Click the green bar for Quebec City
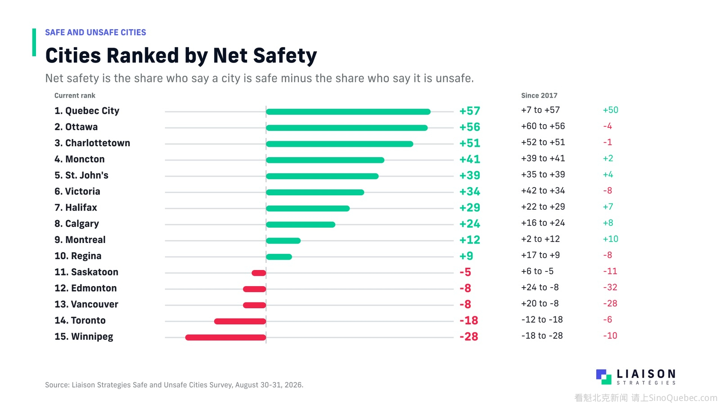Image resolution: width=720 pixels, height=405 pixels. [348, 112]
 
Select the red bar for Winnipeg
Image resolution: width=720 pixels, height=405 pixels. [225, 337]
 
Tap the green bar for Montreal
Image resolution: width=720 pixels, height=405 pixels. [283, 240]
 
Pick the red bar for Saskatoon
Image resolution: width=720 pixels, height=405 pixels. [259, 273]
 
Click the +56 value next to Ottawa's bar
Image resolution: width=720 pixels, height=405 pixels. [470, 127]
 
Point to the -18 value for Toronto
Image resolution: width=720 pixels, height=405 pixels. [468, 320]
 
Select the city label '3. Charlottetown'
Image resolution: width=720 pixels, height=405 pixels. [92, 143]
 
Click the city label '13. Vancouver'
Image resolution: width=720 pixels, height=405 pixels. [86, 304]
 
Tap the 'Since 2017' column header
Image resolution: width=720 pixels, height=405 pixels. [539, 95]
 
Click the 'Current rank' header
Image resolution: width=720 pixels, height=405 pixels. [75, 95]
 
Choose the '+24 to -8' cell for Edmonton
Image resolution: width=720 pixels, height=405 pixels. [540, 287]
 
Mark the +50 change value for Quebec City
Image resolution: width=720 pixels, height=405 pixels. [610, 110]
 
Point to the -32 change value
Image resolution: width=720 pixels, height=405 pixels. [610, 287]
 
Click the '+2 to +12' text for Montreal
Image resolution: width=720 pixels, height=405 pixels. [540, 239]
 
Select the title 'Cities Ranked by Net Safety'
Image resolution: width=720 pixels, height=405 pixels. [181, 56]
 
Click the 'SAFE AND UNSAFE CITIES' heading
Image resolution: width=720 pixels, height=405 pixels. [95, 32]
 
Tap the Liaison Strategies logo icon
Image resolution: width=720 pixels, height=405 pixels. [603, 377]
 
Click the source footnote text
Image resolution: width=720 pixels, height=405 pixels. [174, 385]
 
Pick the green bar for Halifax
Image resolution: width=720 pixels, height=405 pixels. [308, 208]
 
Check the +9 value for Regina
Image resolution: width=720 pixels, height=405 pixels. [466, 256]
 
